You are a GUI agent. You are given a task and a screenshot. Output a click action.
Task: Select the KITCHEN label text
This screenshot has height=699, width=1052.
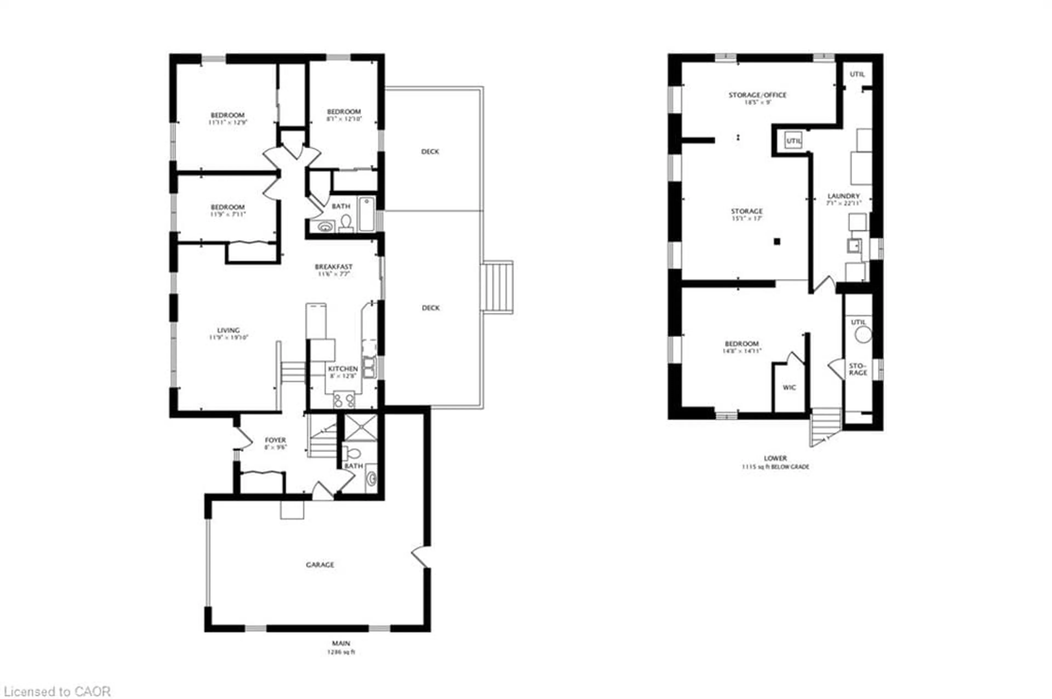tap(343, 369)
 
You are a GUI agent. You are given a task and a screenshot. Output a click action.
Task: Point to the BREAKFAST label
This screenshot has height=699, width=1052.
tap(333, 267)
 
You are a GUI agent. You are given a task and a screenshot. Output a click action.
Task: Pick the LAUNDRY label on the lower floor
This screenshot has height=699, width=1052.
tap(843, 196)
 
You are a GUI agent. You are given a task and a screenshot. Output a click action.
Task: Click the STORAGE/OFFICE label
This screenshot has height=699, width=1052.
tap(757, 95)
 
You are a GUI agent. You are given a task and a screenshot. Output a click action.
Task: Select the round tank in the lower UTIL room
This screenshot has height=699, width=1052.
tap(863, 334)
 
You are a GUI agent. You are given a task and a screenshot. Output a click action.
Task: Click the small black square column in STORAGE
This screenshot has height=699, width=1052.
tap(777, 242)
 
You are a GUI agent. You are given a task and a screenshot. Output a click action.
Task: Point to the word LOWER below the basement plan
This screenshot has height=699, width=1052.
tap(775, 458)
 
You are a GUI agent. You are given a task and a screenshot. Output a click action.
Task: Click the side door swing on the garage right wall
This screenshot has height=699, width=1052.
tap(421, 557)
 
